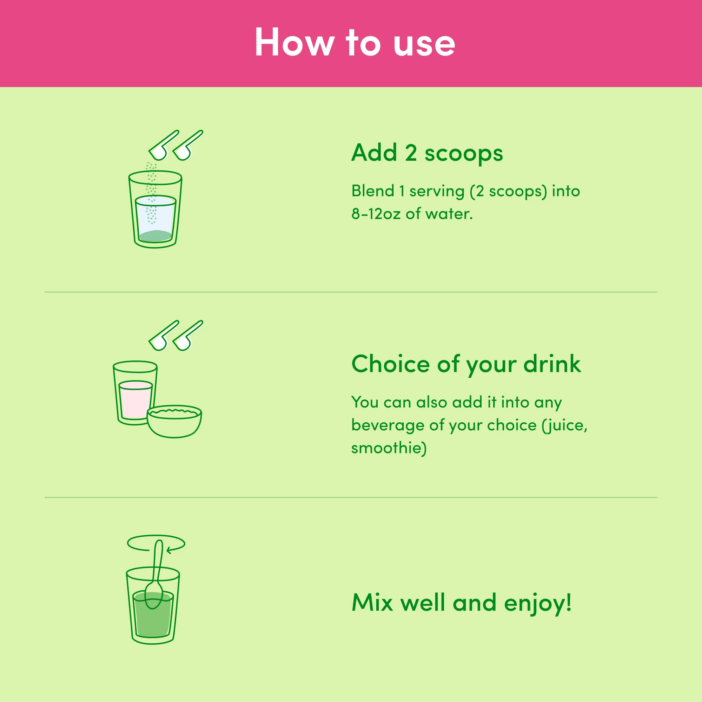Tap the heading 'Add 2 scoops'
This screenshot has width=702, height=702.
(427, 153)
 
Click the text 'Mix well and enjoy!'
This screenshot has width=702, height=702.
(462, 603)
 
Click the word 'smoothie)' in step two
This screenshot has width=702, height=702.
(389, 448)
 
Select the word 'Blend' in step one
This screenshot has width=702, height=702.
(373, 191)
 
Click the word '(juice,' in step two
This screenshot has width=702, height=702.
(564, 425)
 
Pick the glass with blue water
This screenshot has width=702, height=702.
(155, 209)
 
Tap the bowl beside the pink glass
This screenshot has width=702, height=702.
(174, 422)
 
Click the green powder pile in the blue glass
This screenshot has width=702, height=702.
(155, 236)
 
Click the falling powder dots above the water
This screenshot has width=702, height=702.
(151, 193)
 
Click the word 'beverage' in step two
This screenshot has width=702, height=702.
(388, 425)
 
